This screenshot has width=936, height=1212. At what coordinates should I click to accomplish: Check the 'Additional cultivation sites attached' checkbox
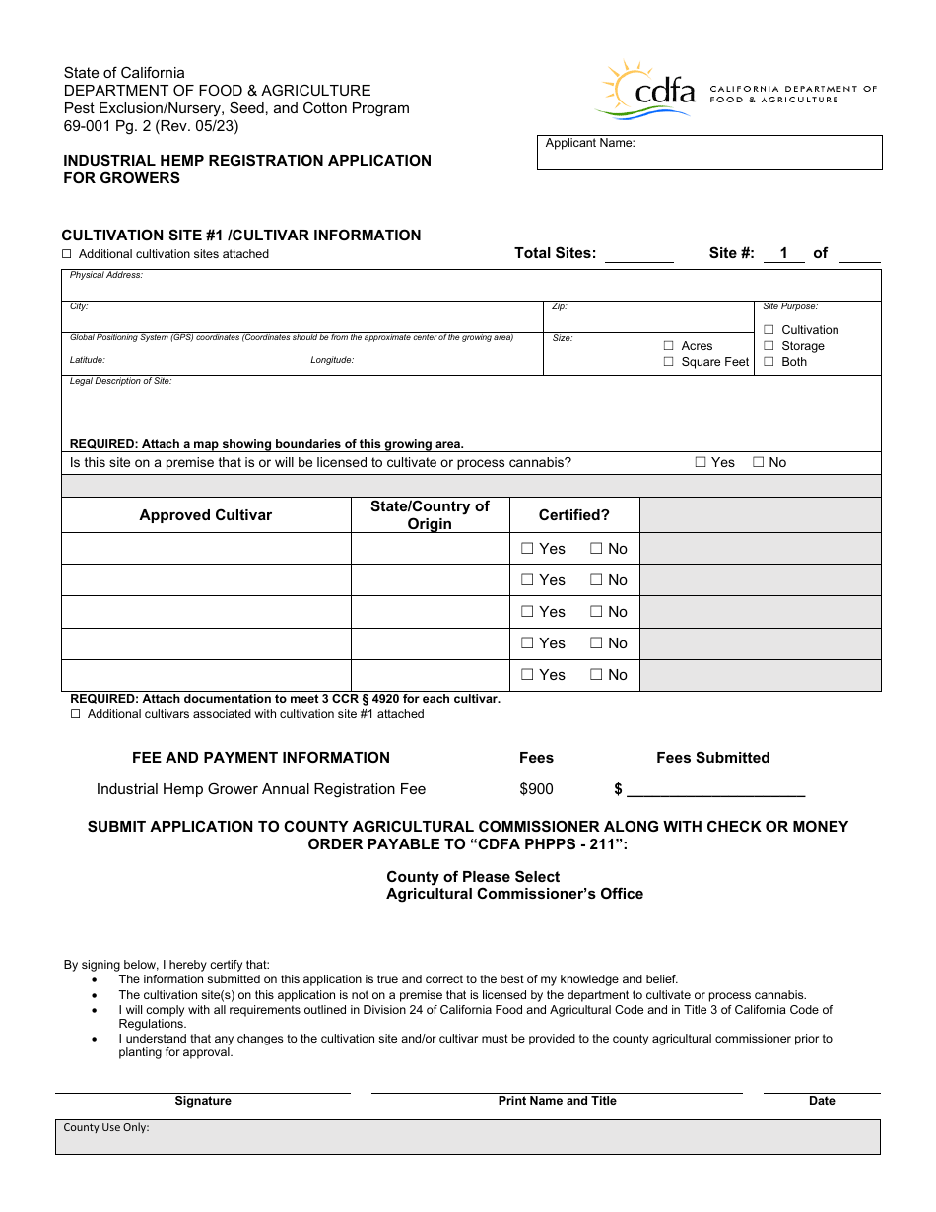coord(67,254)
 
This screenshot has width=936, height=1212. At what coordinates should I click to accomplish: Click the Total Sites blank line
coord(638,254)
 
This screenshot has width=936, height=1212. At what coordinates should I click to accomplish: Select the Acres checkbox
coord(669,346)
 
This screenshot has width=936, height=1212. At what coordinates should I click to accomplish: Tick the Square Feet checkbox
coord(669,362)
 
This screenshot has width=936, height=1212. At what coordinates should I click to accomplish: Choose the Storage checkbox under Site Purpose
coord(769,346)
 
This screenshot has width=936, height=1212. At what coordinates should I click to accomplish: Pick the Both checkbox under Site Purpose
coord(769,362)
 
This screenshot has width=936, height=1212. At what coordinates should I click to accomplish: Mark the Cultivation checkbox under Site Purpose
coord(769,330)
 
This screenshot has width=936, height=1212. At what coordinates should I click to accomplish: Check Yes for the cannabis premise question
coord(701,462)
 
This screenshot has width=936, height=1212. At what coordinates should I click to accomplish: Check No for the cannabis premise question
coord(759,462)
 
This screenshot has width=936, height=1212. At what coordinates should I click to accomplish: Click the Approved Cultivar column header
coord(206,515)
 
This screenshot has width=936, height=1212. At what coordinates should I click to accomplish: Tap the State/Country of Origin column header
coord(430,515)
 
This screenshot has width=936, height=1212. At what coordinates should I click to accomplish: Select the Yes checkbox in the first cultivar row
coord(527,549)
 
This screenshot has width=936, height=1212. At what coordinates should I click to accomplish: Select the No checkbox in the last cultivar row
coord(596,675)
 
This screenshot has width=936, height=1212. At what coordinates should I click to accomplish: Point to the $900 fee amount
coord(536,789)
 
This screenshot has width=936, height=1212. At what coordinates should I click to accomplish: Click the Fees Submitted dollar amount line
coord(715,789)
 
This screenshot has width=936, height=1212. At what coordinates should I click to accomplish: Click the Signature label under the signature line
coord(203,1101)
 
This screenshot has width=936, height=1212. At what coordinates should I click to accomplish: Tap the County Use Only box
coord(467,1137)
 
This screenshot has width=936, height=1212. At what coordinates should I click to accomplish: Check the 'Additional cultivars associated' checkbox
coord(75,714)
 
